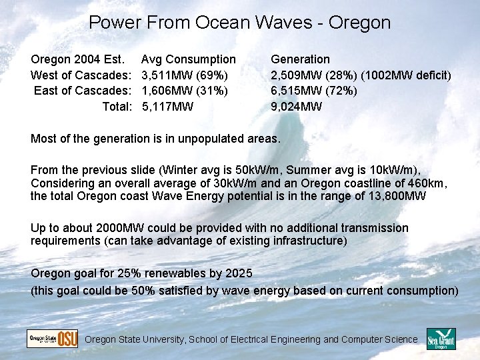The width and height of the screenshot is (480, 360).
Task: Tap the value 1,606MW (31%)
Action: point(185,90)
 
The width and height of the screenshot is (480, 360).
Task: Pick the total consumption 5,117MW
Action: point(168,106)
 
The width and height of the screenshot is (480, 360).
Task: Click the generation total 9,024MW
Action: point(297,106)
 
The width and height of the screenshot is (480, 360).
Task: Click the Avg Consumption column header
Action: point(189,59)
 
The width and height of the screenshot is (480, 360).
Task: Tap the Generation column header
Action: point(300,59)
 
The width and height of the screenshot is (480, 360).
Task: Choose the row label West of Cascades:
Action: point(80,75)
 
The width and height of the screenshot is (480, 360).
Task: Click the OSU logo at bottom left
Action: point(52,339)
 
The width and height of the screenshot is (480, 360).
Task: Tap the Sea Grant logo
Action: point(441,339)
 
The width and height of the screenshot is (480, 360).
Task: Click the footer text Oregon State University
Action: point(135,339)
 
